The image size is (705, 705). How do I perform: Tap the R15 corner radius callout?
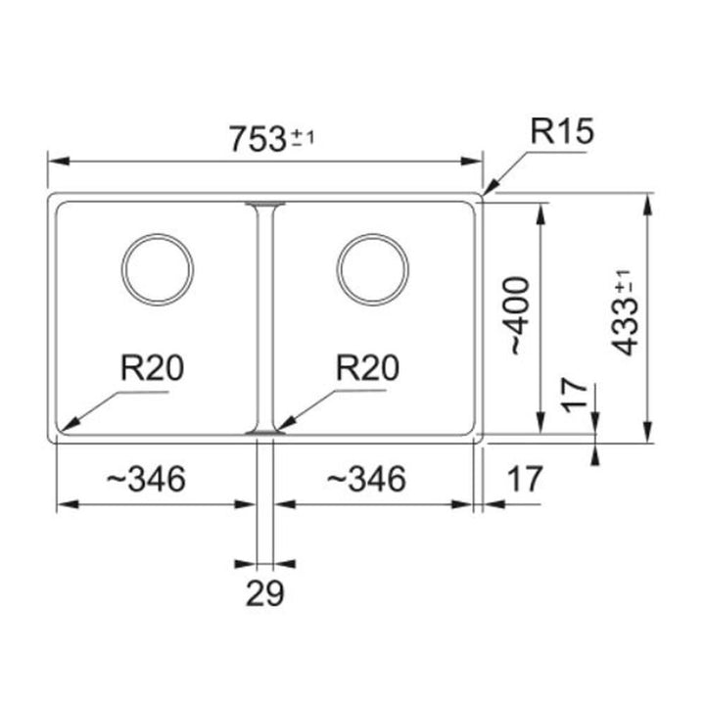562,131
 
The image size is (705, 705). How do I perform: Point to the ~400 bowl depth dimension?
520,315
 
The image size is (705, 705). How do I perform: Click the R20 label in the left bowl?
152,368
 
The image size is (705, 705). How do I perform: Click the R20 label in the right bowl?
367,368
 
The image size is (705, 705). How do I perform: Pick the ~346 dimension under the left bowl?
146,479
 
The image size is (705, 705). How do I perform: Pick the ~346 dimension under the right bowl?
365,479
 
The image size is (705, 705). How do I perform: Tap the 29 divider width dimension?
264,593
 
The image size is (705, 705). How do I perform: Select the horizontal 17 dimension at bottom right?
525,479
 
